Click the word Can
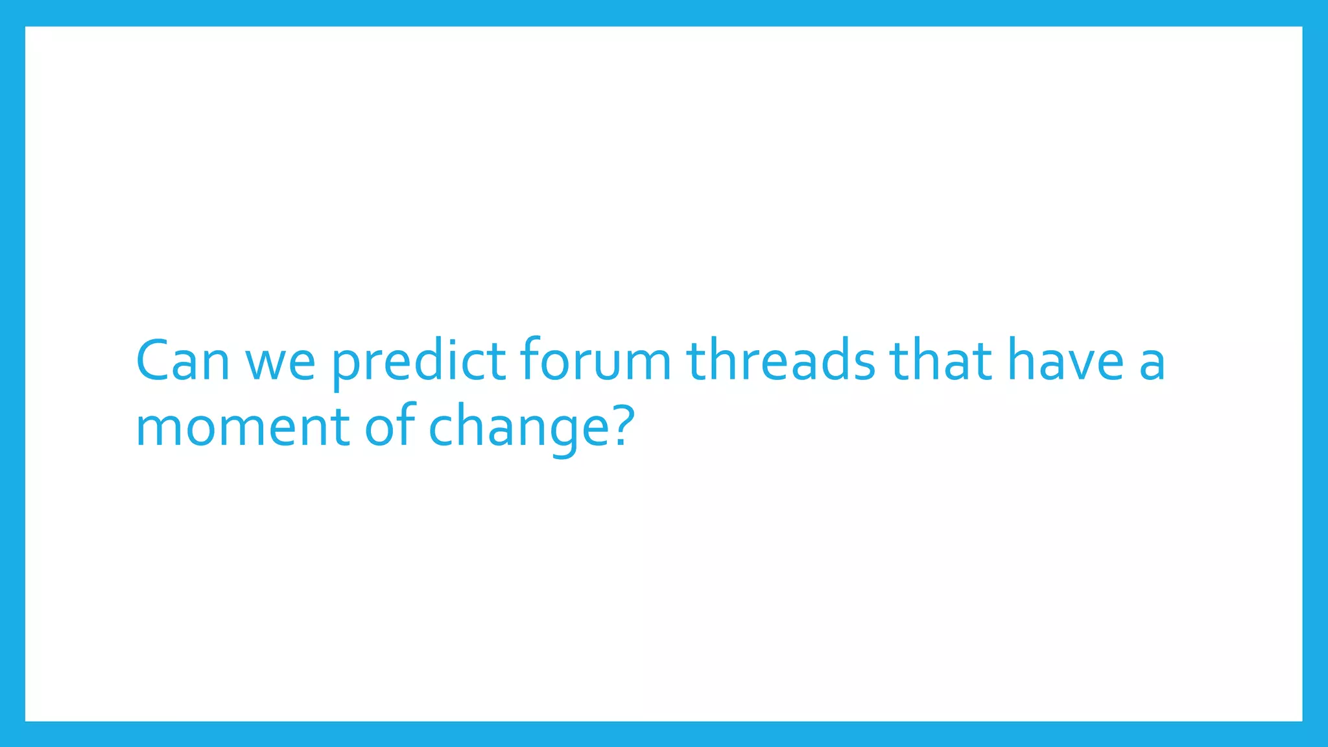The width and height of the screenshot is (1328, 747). click(x=182, y=361)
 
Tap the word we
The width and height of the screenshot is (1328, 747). click(x=280, y=363)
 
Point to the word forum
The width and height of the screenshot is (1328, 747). click(x=595, y=361)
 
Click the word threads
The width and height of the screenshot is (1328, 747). click(x=781, y=361)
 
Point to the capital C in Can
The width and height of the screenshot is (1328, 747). click(x=154, y=361)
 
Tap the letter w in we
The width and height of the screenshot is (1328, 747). click(x=265, y=364)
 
